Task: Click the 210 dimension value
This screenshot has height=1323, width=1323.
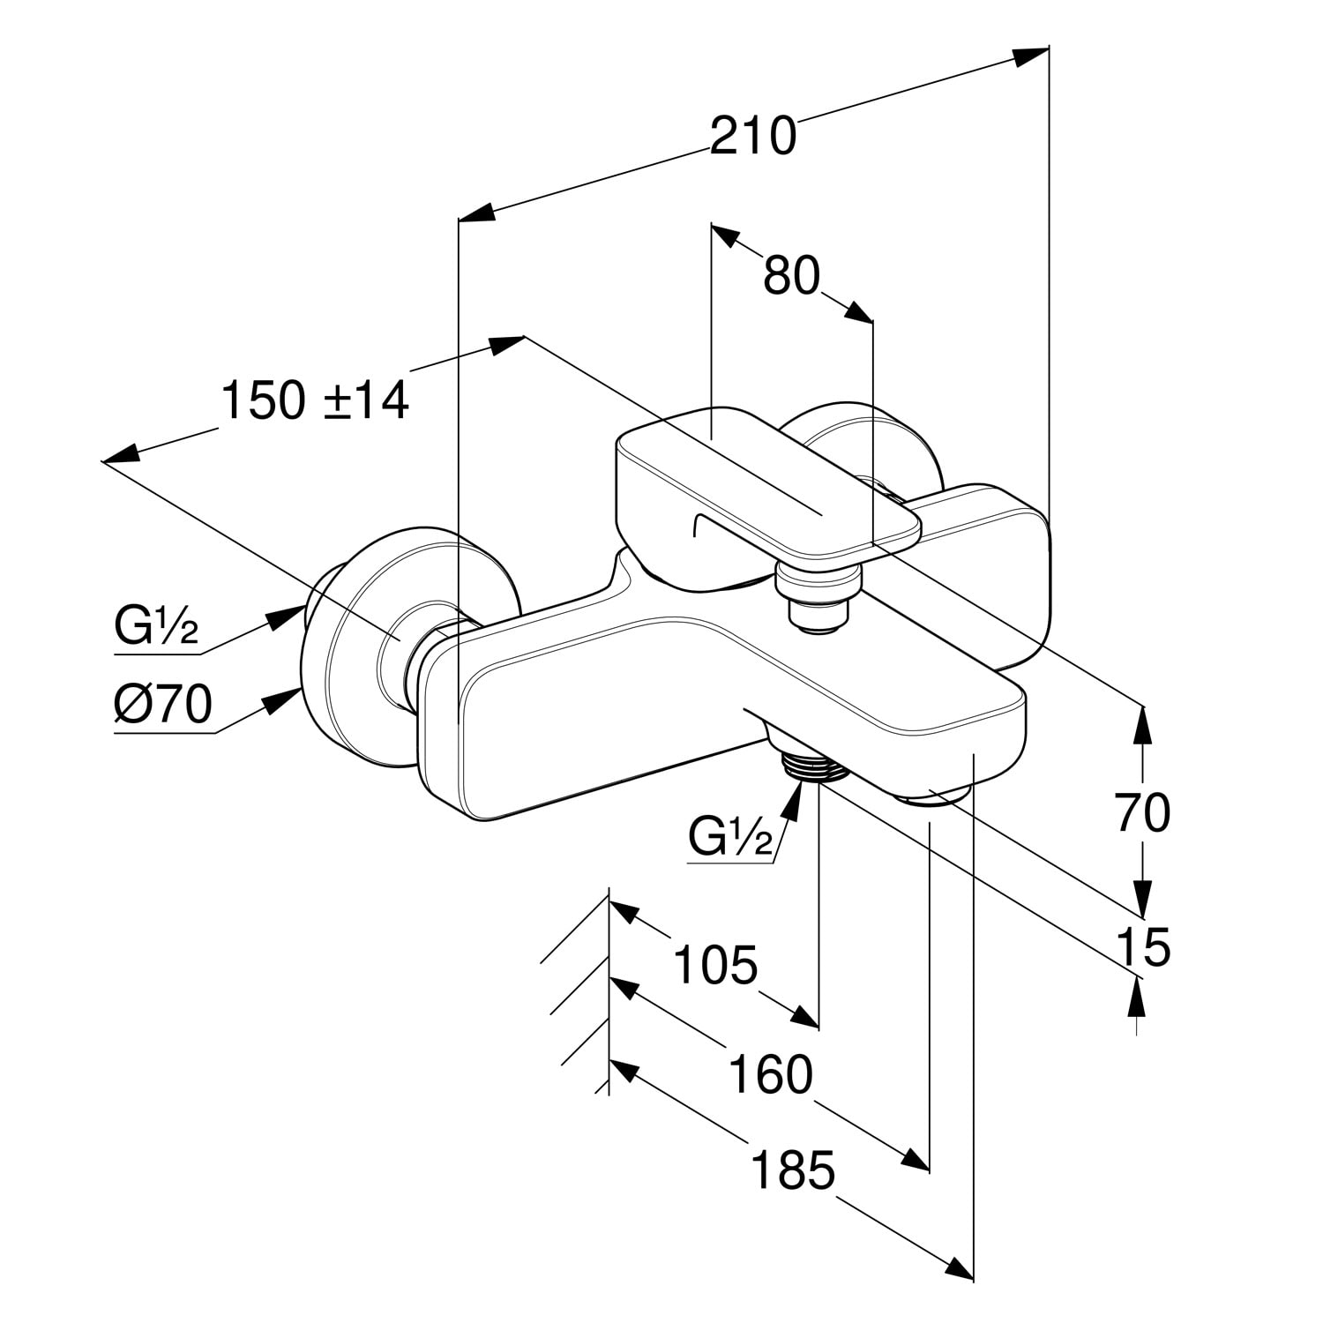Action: [752, 137]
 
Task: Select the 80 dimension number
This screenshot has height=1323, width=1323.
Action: [791, 275]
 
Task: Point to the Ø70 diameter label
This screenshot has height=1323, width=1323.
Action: [163, 705]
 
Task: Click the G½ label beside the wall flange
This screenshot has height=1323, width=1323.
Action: [156, 627]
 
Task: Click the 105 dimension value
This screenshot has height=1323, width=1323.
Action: [714, 964]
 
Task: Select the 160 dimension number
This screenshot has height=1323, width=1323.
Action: [770, 1074]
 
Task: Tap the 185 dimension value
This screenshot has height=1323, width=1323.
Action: [792, 1171]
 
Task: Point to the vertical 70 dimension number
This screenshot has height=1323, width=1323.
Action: [1142, 812]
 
